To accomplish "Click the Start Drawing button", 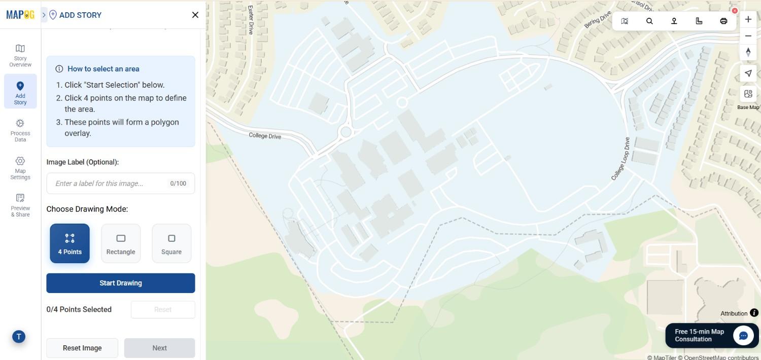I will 121,283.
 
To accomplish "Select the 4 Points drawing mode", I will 70,243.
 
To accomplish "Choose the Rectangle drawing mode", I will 121,243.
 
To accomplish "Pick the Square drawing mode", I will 171,243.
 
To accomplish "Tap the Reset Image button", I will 82,348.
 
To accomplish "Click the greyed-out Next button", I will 159,348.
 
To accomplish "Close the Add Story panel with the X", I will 195,15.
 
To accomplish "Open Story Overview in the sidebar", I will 20,55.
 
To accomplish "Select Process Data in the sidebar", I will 20,130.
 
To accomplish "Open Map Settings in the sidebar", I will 20,167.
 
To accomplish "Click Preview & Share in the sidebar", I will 20,205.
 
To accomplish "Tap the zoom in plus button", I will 748,19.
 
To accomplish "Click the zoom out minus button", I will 748,36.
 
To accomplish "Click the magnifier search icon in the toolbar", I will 649,21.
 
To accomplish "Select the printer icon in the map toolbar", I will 723,21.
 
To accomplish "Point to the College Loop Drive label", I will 620,159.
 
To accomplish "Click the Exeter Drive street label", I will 251,20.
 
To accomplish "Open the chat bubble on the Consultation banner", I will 743,335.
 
